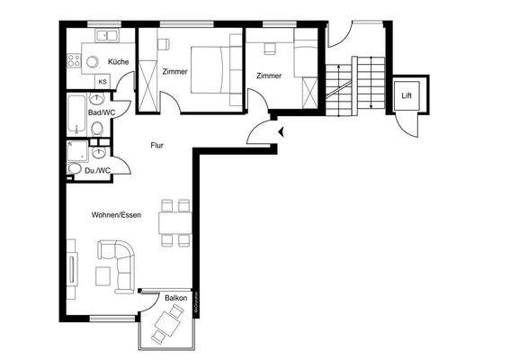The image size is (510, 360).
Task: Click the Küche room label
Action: click(118, 61)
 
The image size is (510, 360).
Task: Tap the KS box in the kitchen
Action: click(103, 82)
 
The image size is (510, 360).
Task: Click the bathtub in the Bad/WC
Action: click(76, 113)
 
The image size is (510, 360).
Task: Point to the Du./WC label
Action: click(97, 169)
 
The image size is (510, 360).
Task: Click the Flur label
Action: click(156, 142)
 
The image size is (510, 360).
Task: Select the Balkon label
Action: click(176, 298)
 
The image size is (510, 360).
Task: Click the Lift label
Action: click(407, 94)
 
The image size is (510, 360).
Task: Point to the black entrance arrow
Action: click(282, 132)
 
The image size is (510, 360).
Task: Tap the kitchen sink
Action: click(107, 36)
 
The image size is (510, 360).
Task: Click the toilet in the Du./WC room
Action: click(75, 168)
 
